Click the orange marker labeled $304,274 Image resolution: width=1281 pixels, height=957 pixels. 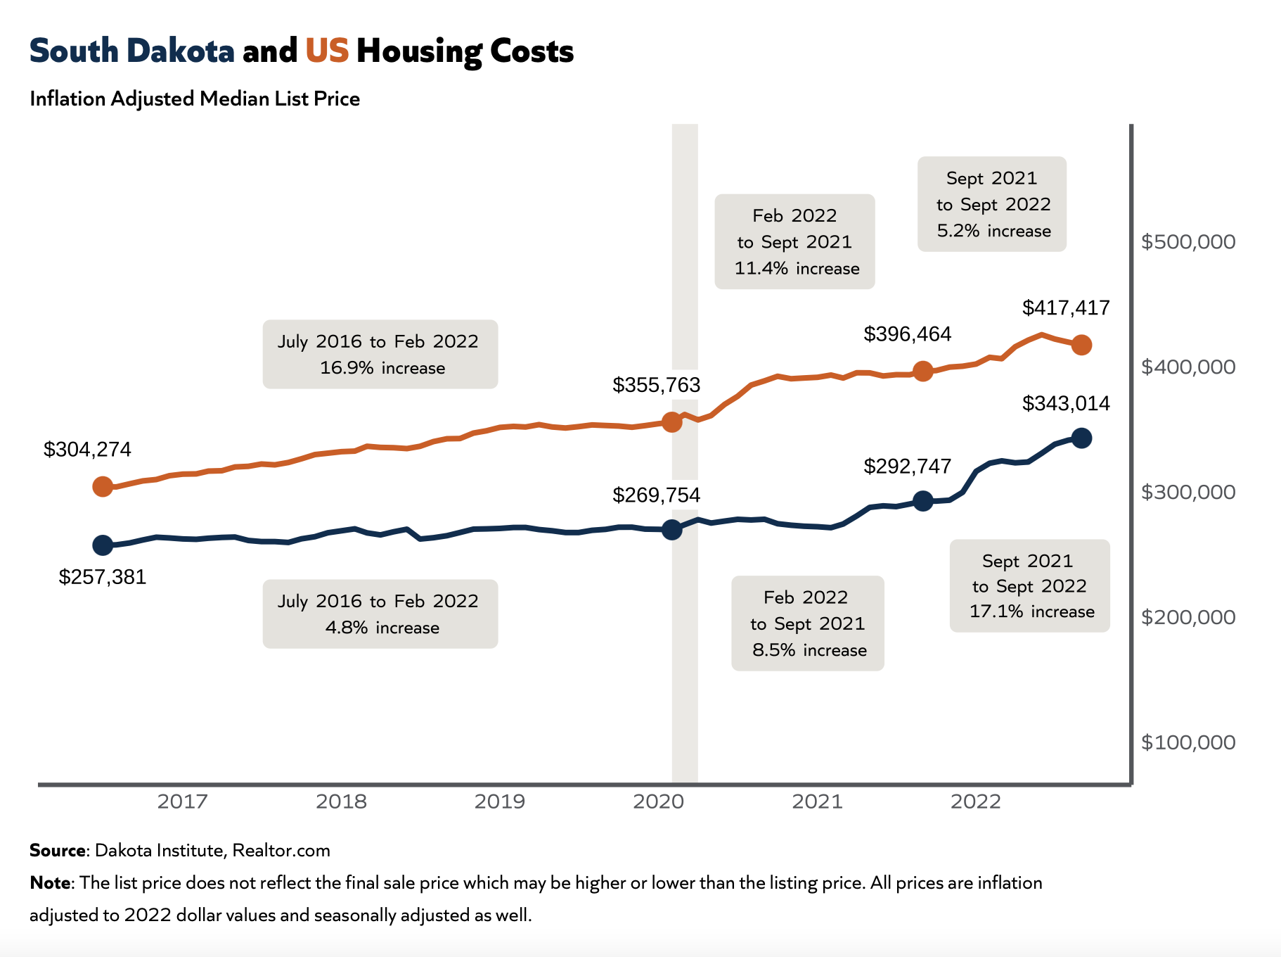pyautogui.click(x=103, y=486)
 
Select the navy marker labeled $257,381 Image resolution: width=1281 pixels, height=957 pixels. pyautogui.click(x=103, y=545)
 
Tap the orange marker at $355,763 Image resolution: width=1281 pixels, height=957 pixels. pyautogui.click(x=672, y=422)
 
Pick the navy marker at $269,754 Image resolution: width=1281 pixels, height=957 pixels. pyautogui.click(x=672, y=529)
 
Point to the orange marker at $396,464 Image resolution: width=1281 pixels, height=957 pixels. pyautogui.click(x=923, y=371)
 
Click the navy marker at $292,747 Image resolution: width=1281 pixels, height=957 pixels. pyautogui.click(x=923, y=501)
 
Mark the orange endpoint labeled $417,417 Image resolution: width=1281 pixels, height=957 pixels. pyautogui.click(x=1081, y=345)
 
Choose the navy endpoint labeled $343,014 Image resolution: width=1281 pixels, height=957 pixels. pyautogui.click(x=1081, y=438)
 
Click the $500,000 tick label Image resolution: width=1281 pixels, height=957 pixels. pyautogui.click(x=1187, y=242)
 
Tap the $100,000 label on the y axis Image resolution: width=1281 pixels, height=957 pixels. pyautogui.click(x=1187, y=742)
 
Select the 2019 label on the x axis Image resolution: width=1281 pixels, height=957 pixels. pyautogui.click(x=499, y=801)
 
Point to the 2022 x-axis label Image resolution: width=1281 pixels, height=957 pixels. pyautogui.click(x=975, y=801)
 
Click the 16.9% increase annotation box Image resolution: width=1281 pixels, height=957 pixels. pyautogui.click(x=380, y=354)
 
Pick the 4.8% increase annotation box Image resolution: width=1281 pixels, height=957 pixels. pyautogui.click(x=380, y=614)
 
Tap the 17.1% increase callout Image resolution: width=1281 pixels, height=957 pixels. pyautogui.click(x=1029, y=585)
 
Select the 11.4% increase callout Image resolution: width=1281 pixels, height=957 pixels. pyautogui.click(x=794, y=241)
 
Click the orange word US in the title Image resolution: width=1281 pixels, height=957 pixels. pyautogui.click(x=327, y=51)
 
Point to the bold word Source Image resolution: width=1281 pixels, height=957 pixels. pyautogui.click(x=58, y=850)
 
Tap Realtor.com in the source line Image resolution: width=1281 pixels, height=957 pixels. pyautogui.click(x=281, y=850)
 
